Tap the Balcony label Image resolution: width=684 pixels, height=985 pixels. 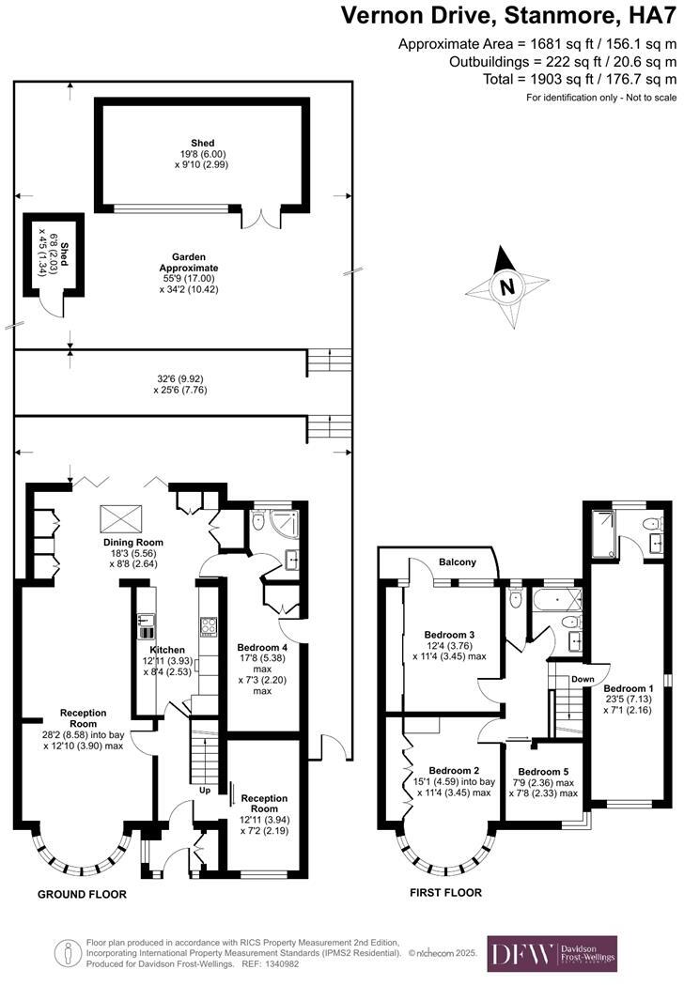pos(459,562)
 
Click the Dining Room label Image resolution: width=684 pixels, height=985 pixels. pos(133,543)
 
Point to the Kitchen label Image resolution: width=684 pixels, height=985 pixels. pos(167,650)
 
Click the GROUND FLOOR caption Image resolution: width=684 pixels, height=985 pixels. pos(82,895)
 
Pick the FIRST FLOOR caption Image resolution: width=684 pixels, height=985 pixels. pos(445,893)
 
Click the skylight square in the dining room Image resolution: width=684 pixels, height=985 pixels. pos(117,516)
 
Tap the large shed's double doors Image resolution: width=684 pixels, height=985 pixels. pos(260,218)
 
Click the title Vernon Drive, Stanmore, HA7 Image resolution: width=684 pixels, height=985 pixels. pos(507,16)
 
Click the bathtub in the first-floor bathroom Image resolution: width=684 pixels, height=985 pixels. pos(554,597)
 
